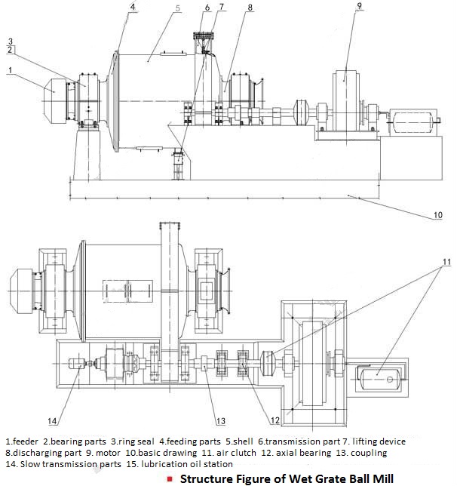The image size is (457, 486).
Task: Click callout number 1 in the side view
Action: tap(11, 70)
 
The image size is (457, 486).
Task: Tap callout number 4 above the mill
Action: tap(133, 8)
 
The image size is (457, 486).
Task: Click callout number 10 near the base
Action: tap(437, 216)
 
